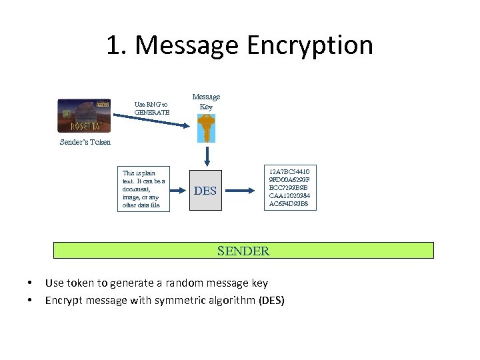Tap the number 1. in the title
119,46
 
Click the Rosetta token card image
84,116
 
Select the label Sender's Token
85,142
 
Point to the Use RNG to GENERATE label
151,109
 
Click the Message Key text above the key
206,101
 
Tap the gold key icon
206,128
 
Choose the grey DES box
205,191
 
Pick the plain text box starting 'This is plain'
142,189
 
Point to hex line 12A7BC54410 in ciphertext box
289,171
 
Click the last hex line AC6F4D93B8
289,204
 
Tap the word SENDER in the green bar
243,251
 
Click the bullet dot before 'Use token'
31,283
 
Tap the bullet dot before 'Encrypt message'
31,300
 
